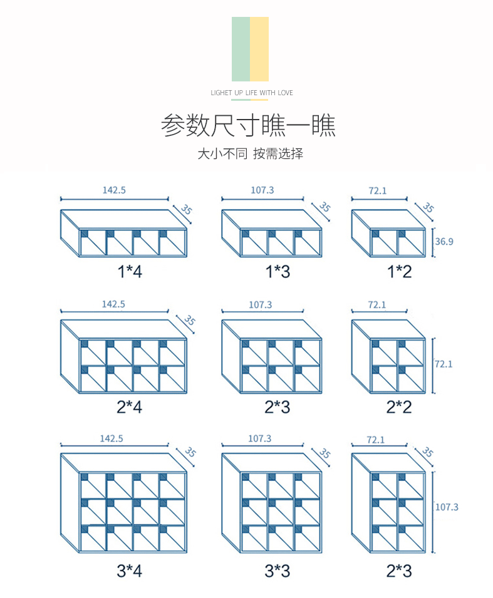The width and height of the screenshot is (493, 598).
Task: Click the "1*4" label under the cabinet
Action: tap(129, 272)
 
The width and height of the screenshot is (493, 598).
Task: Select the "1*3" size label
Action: tap(277, 272)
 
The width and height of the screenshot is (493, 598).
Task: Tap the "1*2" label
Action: tap(398, 272)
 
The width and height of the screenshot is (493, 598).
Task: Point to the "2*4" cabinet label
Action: tap(129, 407)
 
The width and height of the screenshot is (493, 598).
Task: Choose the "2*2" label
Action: tap(398, 407)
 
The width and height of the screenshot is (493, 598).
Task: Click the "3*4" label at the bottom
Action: tap(129, 570)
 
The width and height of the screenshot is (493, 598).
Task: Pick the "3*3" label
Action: tap(277, 570)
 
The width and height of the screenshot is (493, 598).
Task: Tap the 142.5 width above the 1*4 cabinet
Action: tap(114, 190)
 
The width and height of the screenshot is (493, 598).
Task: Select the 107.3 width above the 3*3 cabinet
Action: tap(259, 439)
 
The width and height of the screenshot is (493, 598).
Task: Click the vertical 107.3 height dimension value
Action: tap(447, 507)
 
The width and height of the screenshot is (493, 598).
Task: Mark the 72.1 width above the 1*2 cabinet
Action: tap(377, 191)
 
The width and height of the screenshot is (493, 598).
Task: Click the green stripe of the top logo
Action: tap(241, 49)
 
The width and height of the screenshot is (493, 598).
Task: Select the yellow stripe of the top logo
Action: tap(259, 49)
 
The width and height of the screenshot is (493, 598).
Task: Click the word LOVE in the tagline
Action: tap(285, 93)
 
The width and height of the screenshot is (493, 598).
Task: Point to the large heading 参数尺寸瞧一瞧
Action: tap(248, 125)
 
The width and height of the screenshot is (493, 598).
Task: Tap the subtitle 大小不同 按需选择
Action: tap(250, 154)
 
